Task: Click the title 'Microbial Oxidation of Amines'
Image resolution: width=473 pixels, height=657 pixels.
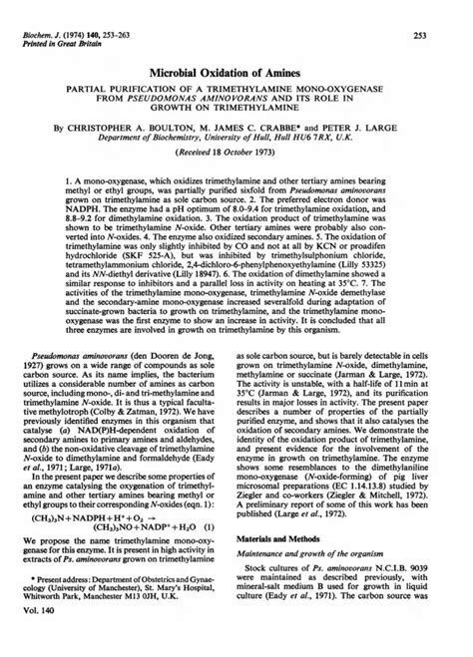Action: point(236,73)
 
